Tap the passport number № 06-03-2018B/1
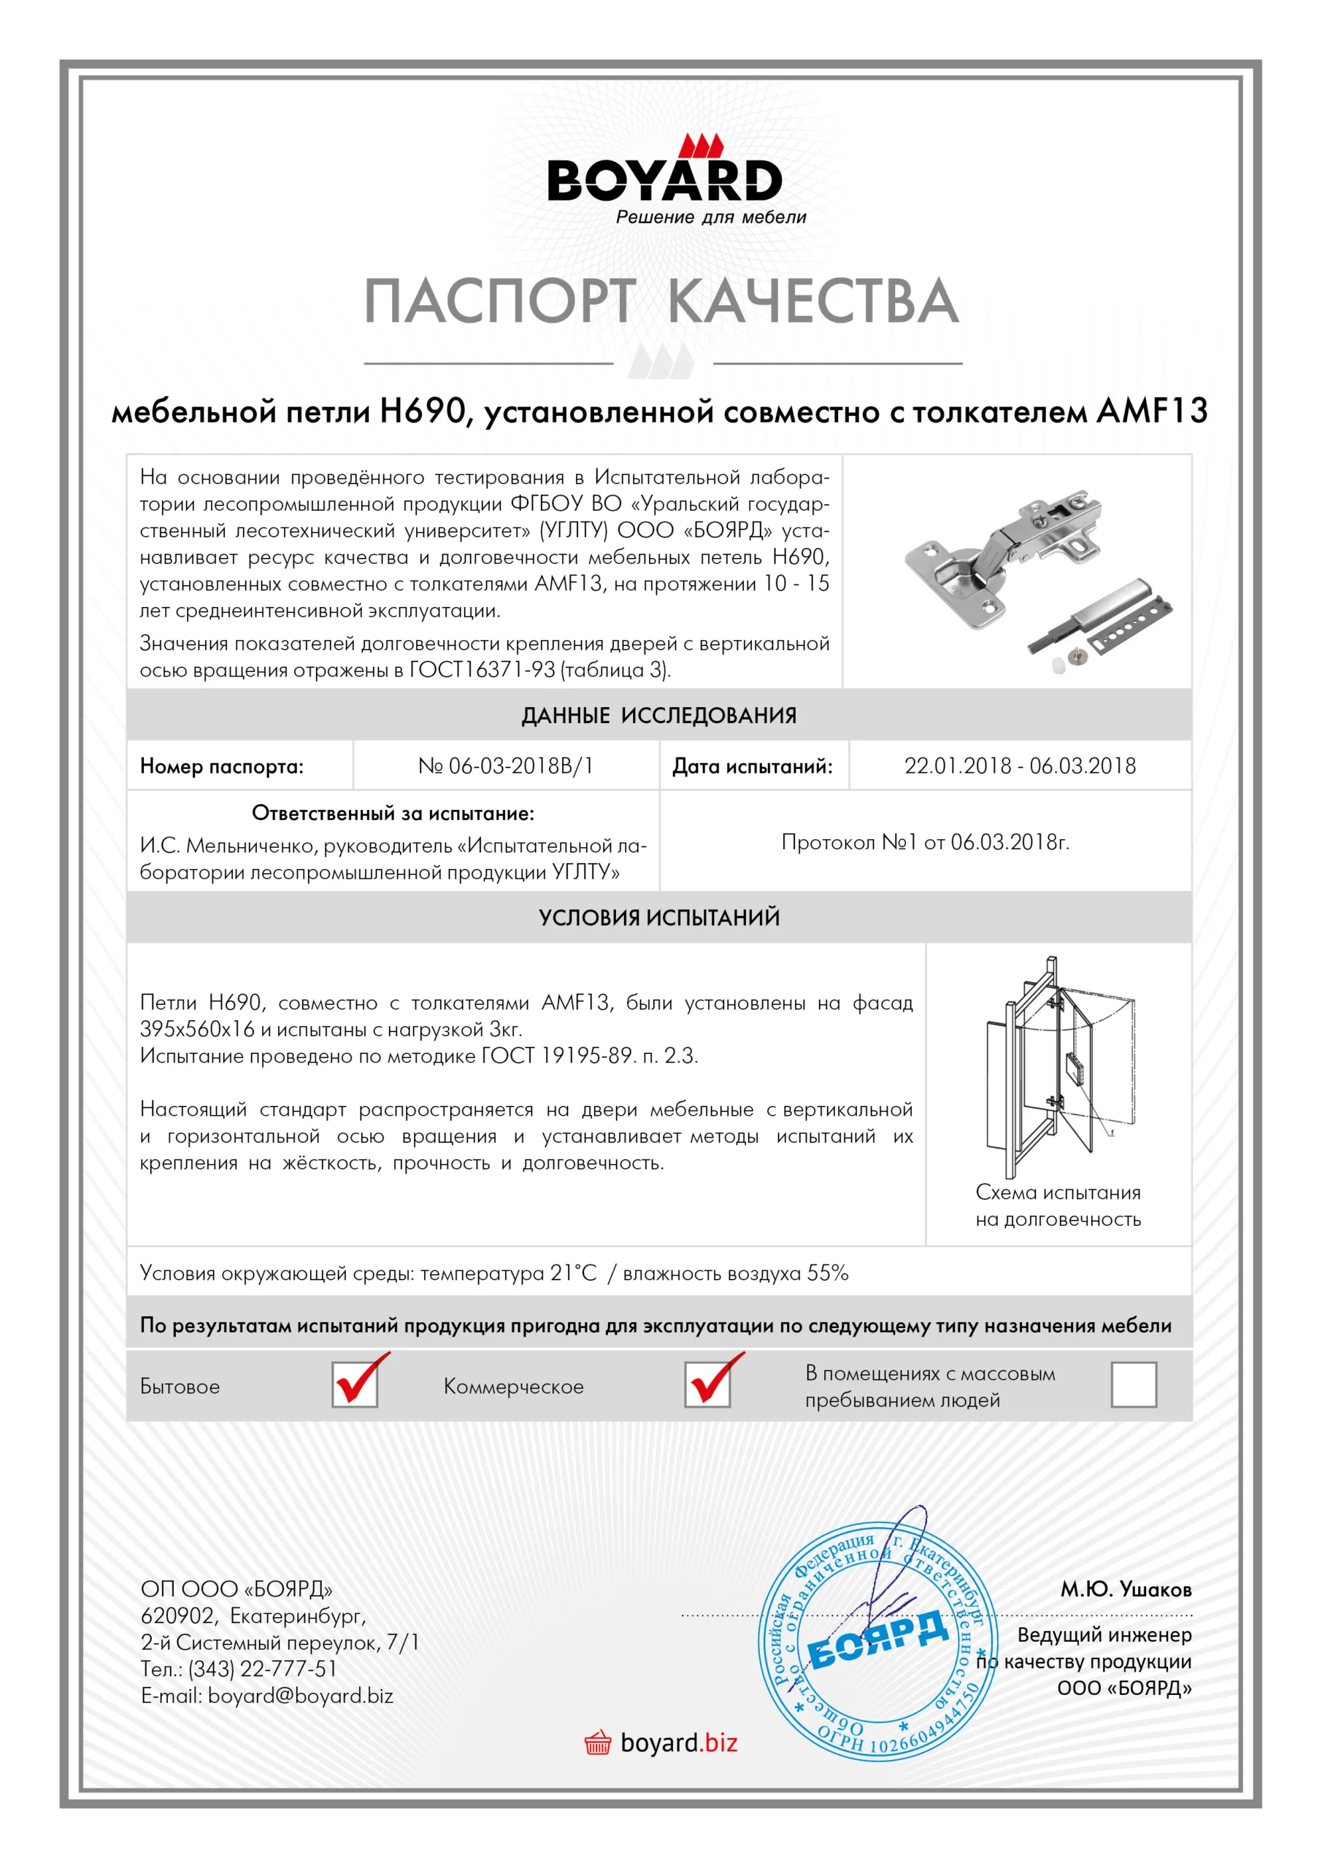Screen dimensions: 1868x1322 (x=506, y=765)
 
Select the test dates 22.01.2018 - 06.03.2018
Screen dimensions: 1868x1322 (x=1019, y=765)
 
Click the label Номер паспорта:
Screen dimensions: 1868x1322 (x=221, y=766)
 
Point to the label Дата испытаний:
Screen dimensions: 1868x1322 (x=752, y=766)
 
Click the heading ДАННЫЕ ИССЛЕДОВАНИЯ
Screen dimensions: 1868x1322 (x=659, y=715)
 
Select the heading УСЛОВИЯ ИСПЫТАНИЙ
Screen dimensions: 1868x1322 (x=659, y=918)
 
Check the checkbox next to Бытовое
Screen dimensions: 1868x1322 (x=355, y=1385)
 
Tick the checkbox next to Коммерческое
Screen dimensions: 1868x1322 (x=707, y=1385)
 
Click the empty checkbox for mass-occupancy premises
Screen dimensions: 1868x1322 (x=1133, y=1385)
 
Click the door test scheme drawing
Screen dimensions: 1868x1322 (x=1058, y=1066)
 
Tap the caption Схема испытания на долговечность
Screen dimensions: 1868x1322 (x=1058, y=1205)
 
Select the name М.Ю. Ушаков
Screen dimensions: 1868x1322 (x=1125, y=1589)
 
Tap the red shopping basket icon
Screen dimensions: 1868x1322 (x=598, y=1742)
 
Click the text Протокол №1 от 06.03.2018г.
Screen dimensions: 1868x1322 (x=926, y=842)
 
